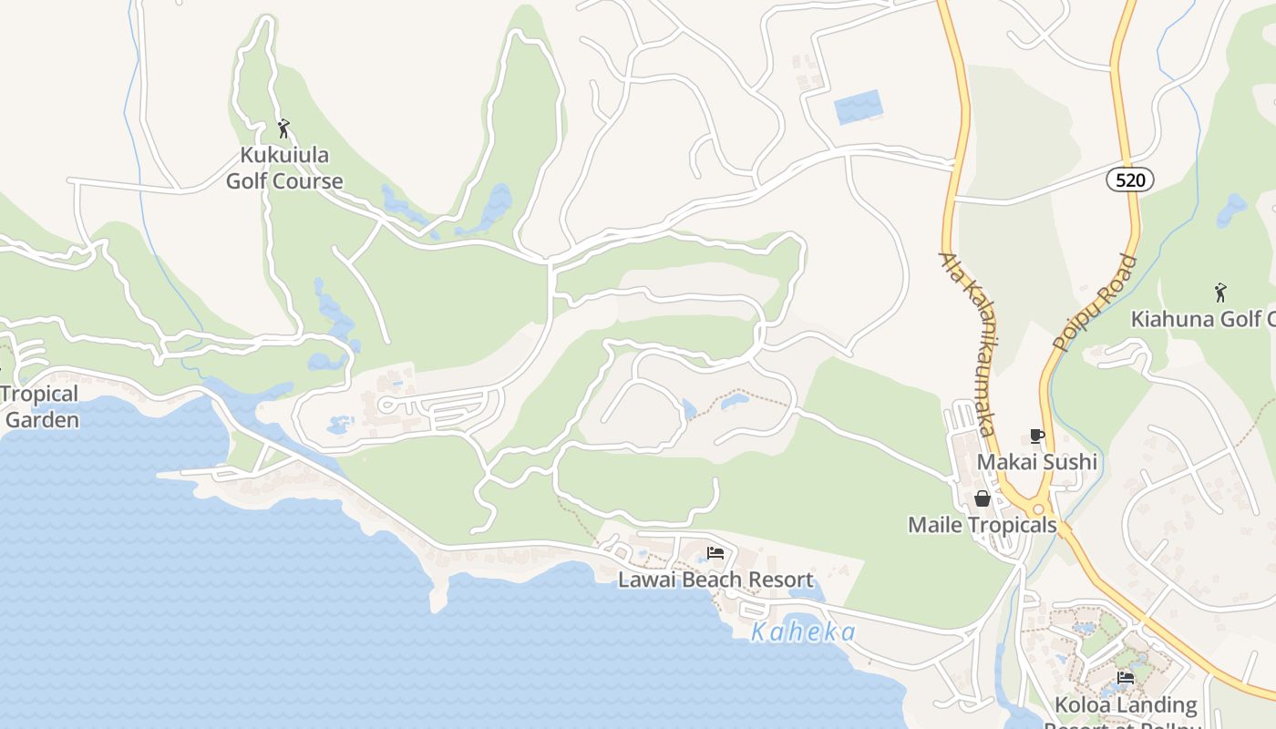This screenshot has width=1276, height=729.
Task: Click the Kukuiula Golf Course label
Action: point(284,168)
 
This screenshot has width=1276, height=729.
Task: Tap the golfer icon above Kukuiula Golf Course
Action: point(283,128)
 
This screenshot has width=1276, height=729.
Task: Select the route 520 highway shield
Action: point(1130,180)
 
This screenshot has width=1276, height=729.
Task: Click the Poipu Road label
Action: point(1095,303)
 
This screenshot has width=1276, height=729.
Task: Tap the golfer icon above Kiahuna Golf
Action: point(1220,293)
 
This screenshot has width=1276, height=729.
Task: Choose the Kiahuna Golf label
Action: point(1202,319)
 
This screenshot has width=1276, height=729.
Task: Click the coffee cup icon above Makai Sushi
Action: point(1036,436)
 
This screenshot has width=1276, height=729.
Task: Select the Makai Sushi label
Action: point(1036,462)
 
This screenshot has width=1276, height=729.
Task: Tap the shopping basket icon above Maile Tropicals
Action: point(983,498)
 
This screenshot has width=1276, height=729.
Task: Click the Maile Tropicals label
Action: point(982,526)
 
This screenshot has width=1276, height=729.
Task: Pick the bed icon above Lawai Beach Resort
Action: point(715,553)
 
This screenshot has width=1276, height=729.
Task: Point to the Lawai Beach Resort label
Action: point(715,580)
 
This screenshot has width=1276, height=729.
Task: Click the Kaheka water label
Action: point(803,632)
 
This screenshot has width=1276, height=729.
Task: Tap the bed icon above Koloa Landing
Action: point(1126,678)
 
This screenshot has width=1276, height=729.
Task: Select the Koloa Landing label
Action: point(1125,704)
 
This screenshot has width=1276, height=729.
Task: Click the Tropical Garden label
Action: point(40,407)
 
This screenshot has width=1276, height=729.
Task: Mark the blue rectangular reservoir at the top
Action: point(859,108)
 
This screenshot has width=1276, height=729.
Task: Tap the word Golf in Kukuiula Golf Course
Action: point(247,181)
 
